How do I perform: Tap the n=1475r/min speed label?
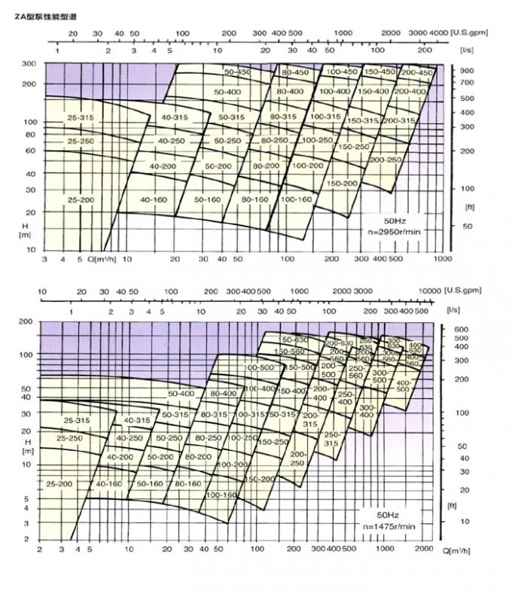click(x=389, y=526)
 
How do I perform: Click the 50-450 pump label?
click(x=237, y=72)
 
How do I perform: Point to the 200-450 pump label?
click(x=417, y=72)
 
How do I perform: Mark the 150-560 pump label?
click(x=289, y=352)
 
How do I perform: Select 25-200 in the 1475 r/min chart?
click(x=60, y=483)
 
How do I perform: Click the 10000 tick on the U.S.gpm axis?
click(x=430, y=291)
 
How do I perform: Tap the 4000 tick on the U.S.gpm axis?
click(x=438, y=35)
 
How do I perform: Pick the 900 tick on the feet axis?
click(x=467, y=71)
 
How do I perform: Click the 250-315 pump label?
click(x=331, y=439)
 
